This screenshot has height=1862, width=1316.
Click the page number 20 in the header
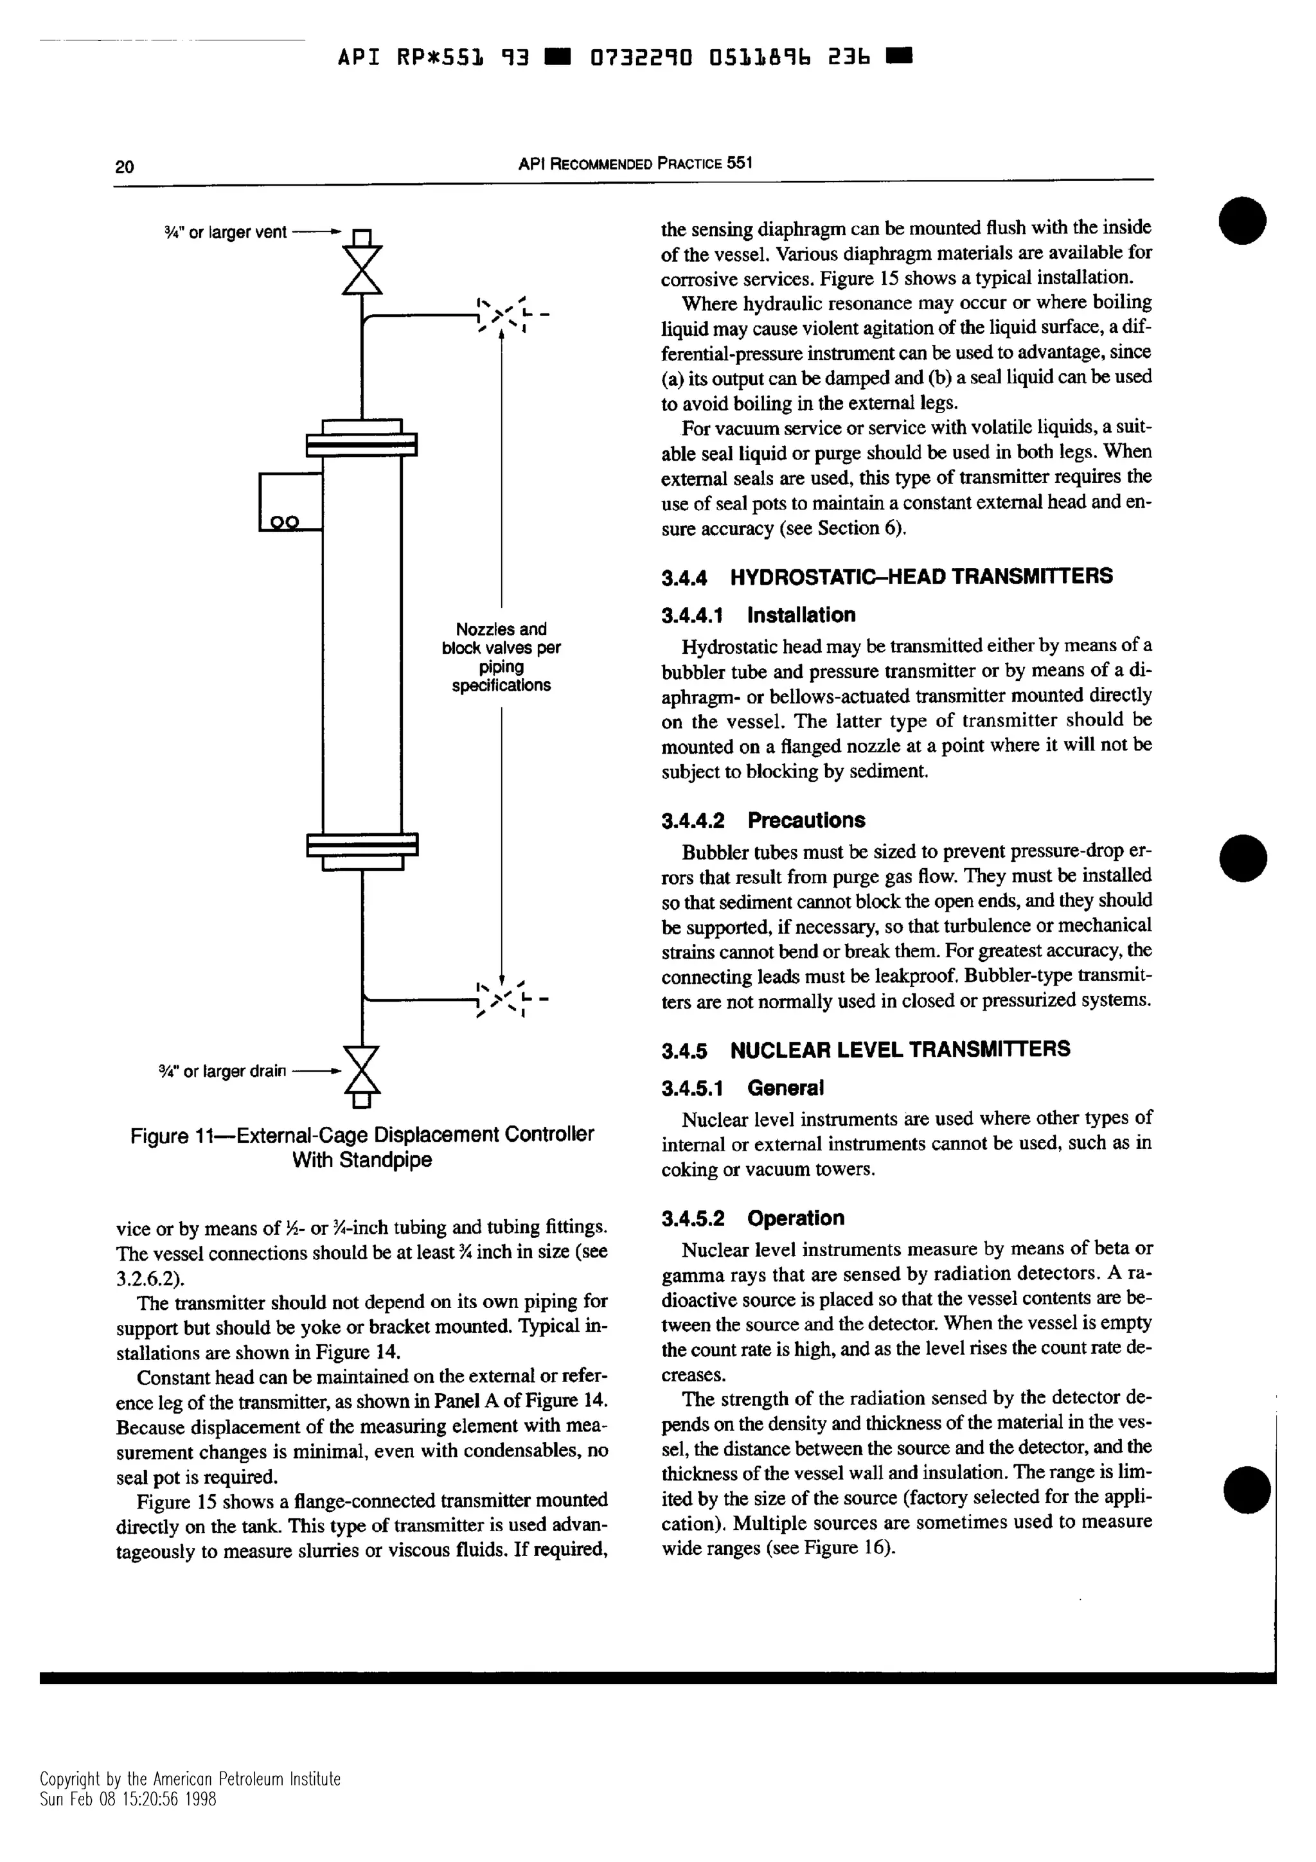coord(124,167)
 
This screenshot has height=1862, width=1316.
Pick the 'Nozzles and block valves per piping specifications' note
coord(501,656)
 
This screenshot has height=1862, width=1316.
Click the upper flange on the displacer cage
coord(362,445)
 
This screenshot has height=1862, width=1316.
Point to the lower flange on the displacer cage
coord(362,845)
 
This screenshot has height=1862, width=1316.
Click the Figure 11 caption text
coord(362,1146)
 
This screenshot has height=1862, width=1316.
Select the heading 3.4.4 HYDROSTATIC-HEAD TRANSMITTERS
coord(886,576)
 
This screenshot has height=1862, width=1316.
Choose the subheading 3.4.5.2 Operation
coord(752,1218)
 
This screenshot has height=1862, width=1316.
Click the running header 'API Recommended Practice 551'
coord(635,163)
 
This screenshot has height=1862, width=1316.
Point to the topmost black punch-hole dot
coord(1242,220)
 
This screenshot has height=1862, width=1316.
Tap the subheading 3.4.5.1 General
coord(742,1088)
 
